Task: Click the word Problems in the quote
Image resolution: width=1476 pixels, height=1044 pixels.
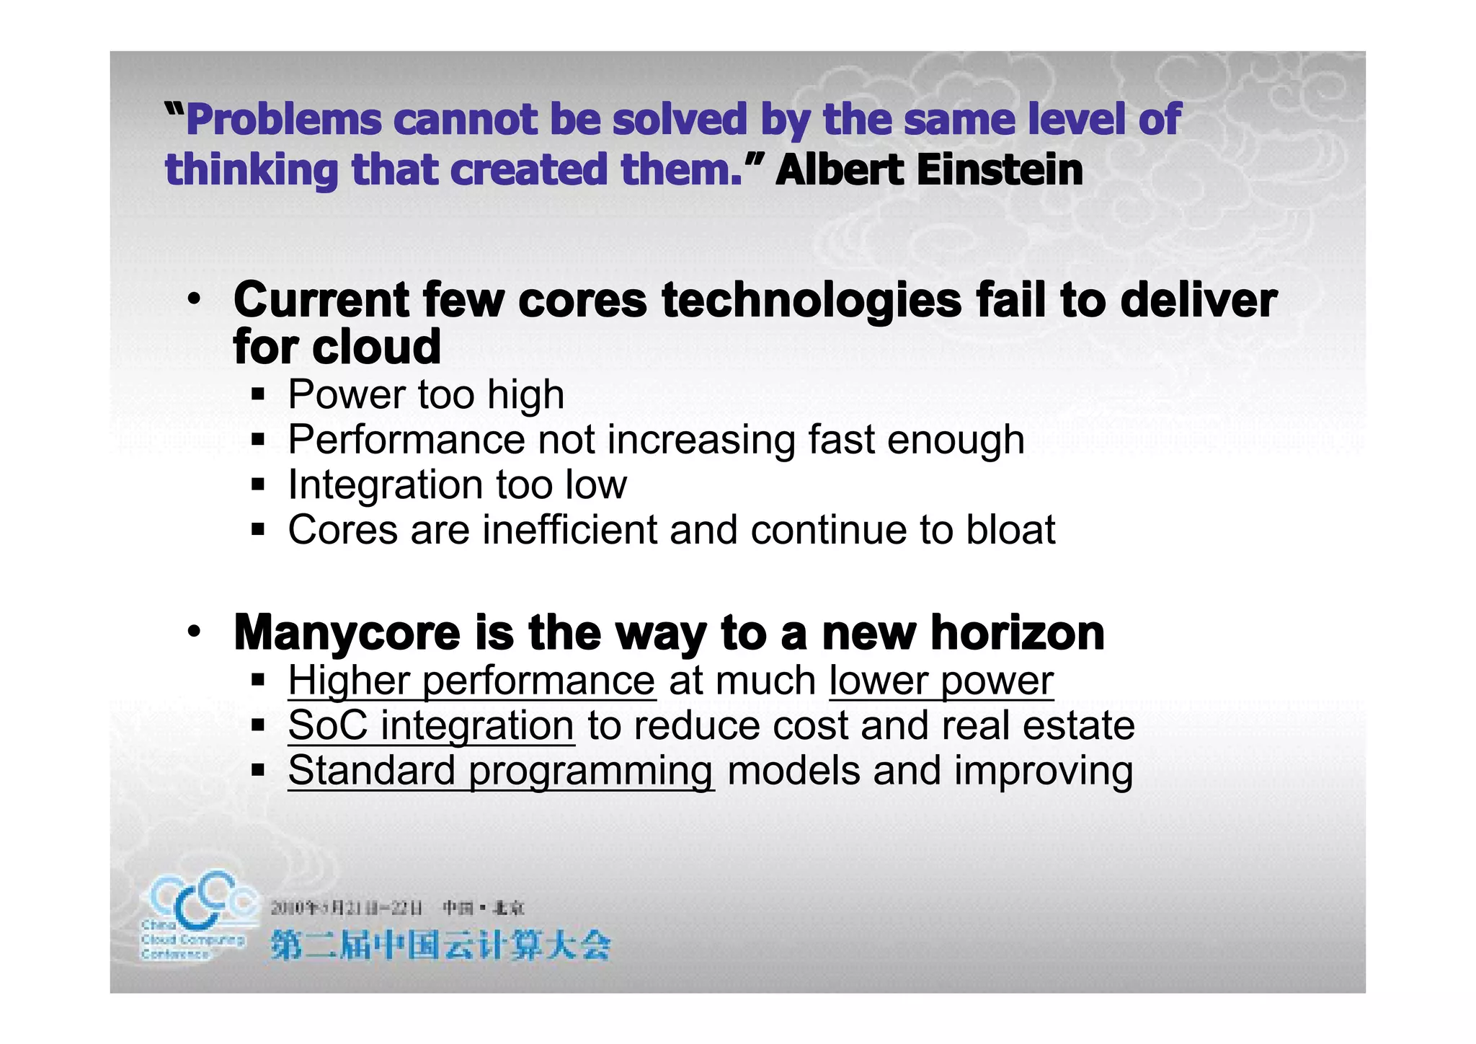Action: [283, 120]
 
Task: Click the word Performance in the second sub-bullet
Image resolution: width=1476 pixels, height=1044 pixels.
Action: [406, 440]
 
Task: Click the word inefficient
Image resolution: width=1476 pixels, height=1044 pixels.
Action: [569, 530]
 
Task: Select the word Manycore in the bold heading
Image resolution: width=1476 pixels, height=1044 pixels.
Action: [347, 633]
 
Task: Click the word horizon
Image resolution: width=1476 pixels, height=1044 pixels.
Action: [1017, 633]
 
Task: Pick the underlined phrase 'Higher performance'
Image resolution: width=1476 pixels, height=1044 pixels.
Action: [471, 681]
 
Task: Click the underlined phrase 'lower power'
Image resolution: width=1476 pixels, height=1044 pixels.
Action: [941, 681]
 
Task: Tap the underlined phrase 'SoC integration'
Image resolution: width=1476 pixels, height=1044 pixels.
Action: [431, 725]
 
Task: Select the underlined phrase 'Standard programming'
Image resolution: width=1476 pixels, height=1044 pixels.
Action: [501, 771]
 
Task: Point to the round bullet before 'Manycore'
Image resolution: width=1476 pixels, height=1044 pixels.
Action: [193, 632]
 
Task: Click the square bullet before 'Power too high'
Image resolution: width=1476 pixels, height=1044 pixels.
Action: [258, 394]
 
